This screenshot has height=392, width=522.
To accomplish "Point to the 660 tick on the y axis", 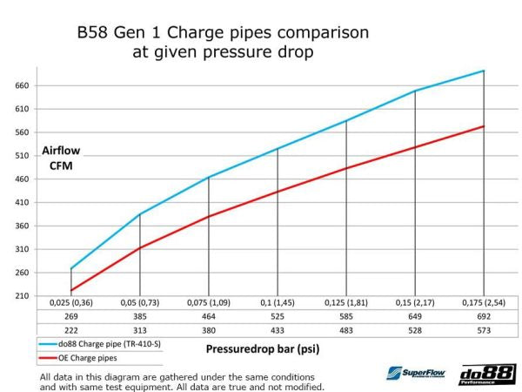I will [x=21, y=86].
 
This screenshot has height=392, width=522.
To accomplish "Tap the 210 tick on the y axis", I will [x=21, y=296].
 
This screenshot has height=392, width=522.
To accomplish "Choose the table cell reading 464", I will [x=209, y=318].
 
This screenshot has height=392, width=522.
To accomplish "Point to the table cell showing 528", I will [x=415, y=332].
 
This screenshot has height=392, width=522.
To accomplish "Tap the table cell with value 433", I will [x=278, y=332].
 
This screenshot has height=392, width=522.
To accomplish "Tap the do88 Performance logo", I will [x=487, y=373].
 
